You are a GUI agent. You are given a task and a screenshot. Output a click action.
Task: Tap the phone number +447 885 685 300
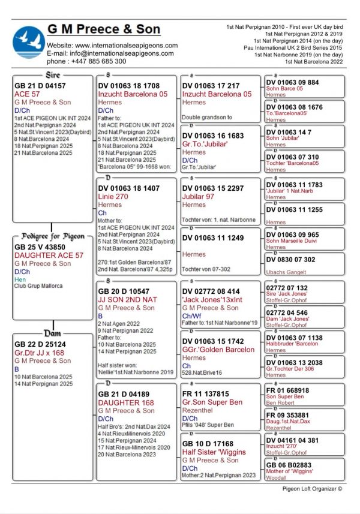(x=86, y=61)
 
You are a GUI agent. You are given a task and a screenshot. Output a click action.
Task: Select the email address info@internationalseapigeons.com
(x=112, y=53)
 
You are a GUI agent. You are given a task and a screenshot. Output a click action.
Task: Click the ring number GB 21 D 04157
(x=40, y=86)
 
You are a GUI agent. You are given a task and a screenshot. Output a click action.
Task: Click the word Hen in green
(x=20, y=279)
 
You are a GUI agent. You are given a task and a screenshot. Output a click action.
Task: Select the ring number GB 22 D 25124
(x=40, y=344)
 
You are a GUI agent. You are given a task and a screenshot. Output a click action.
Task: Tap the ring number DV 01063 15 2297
(x=213, y=188)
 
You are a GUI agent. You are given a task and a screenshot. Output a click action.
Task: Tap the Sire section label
(x=52, y=76)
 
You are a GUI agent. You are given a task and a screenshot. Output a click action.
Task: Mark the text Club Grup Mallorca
(x=38, y=286)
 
